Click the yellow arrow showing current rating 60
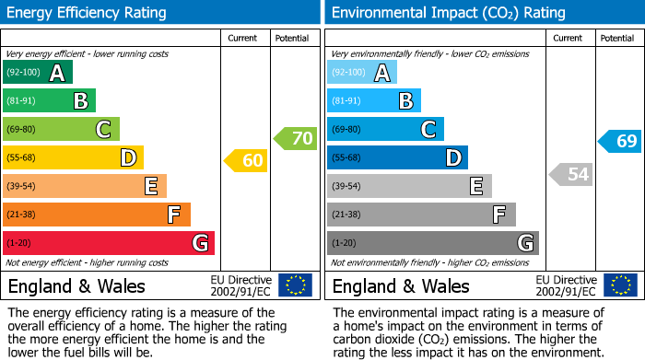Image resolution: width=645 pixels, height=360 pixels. [x=246, y=161]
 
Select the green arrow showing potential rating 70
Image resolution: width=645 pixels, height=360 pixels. [x=295, y=139]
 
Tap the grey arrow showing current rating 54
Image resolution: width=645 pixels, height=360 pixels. [x=570, y=174]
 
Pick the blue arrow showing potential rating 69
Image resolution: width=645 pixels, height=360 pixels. [x=619, y=141]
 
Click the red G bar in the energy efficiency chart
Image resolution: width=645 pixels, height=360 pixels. [x=109, y=243]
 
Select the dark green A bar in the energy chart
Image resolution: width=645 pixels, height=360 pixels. [x=37, y=73]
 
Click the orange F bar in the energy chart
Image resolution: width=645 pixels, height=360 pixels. [x=97, y=215]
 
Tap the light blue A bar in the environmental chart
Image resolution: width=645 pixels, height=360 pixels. [x=361, y=73]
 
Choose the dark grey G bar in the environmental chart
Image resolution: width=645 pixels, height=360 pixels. [x=432, y=243]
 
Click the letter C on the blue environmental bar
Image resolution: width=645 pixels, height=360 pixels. [x=428, y=129]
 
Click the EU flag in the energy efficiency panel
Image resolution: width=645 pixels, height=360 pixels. [x=295, y=285]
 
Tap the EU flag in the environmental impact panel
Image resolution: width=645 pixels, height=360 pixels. [x=619, y=285]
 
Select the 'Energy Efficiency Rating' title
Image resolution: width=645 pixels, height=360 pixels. [x=87, y=13]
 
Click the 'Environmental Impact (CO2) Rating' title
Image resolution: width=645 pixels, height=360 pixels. [x=448, y=13]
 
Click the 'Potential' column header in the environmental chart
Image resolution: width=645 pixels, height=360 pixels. [x=617, y=38]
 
